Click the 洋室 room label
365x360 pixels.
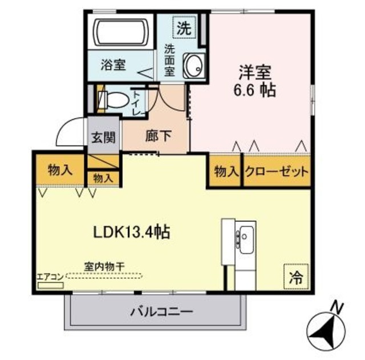coord(255,72)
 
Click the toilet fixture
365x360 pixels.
coord(115,100)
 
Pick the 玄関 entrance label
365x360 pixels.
coord(103,139)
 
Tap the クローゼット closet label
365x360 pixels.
coord(277,172)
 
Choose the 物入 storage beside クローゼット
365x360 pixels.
coord(225,172)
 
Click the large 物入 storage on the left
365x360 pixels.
coord(60,169)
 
